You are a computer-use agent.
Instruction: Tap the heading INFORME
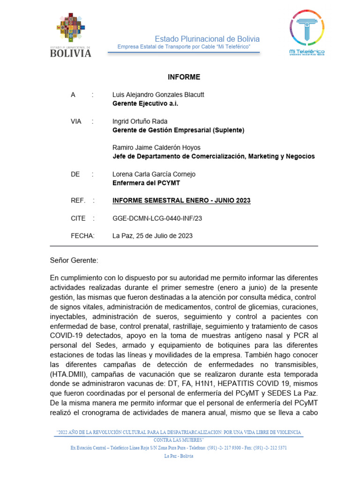click(x=184, y=77)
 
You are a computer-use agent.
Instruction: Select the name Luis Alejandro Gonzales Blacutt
click(x=158, y=95)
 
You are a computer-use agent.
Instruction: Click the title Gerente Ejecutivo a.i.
click(x=145, y=104)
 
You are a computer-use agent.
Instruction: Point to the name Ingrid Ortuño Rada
click(x=140, y=121)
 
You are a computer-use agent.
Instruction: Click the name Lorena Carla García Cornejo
click(x=154, y=174)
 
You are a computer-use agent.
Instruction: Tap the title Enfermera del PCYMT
click(x=146, y=183)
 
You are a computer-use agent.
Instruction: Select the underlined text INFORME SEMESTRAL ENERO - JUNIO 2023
click(x=181, y=201)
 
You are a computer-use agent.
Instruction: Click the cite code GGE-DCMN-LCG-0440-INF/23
click(x=157, y=218)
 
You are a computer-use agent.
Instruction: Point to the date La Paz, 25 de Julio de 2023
click(x=152, y=236)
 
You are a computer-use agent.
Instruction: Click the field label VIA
click(x=76, y=121)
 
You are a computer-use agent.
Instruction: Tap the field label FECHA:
click(x=82, y=236)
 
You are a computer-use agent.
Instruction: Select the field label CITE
click(x=78, y=218)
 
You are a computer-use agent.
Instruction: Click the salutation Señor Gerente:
click(x=74, y=260)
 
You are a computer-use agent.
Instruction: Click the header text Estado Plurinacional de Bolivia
click(x=207, y=39)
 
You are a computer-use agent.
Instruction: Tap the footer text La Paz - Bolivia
click(x=179, y=456)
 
